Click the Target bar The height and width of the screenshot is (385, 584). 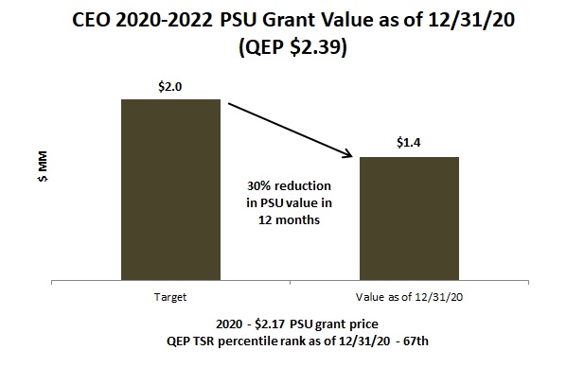click(170, 189)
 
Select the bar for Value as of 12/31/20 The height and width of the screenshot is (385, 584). click(409, 219)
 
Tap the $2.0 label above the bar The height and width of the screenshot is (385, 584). click(170, 85)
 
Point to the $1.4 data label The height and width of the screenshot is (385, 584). click(409, 143)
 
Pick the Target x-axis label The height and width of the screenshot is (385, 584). click(169, 297)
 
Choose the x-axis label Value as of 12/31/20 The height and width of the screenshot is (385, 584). click(409, 297)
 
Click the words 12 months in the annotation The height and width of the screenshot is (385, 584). click(288, 219)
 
